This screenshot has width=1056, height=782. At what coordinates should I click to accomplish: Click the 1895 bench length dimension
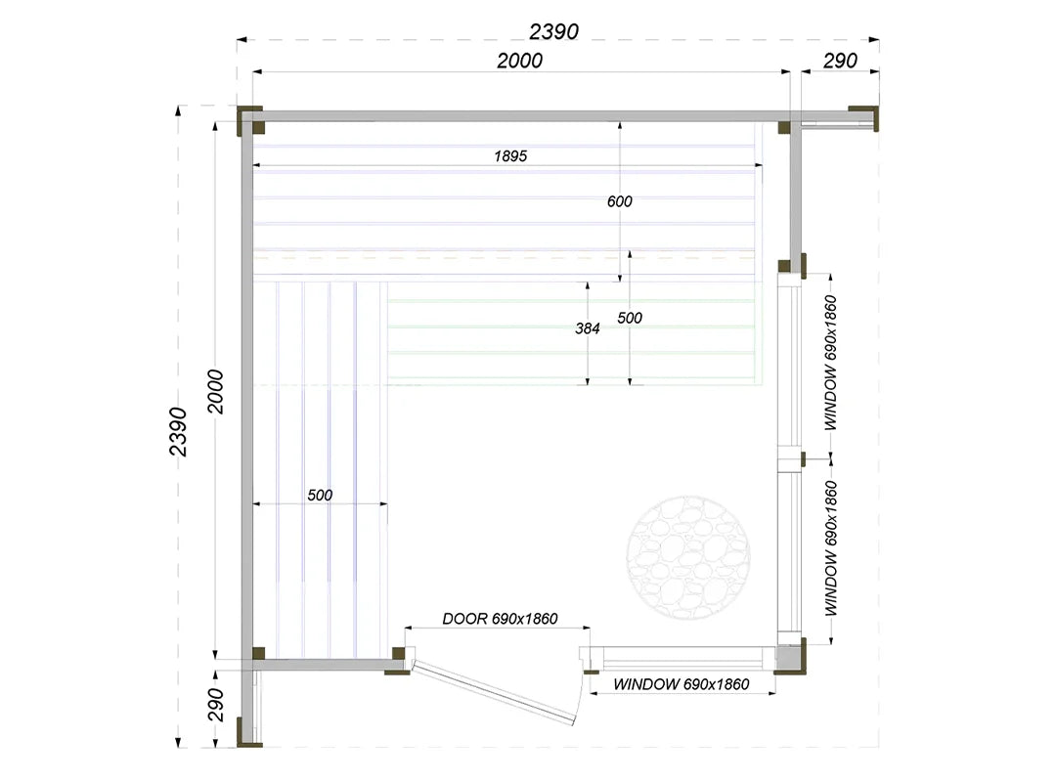[510, 156]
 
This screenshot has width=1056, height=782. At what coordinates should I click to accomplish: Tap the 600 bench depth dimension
[620, 201]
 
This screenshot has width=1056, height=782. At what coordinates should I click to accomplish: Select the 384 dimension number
[588, 328]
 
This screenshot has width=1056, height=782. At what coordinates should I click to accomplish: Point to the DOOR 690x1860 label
[500, 619]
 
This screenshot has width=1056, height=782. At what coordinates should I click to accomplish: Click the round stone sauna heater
[688, 558]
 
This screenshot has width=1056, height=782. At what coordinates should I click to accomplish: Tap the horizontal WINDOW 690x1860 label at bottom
[681, 684]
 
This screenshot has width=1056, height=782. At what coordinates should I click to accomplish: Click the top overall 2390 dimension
[553, 31]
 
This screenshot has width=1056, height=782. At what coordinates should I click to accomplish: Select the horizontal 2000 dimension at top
[519, 61]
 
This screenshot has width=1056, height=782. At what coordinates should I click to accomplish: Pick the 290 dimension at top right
[840, 61]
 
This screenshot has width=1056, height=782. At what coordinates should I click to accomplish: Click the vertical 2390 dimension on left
[178, 432]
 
